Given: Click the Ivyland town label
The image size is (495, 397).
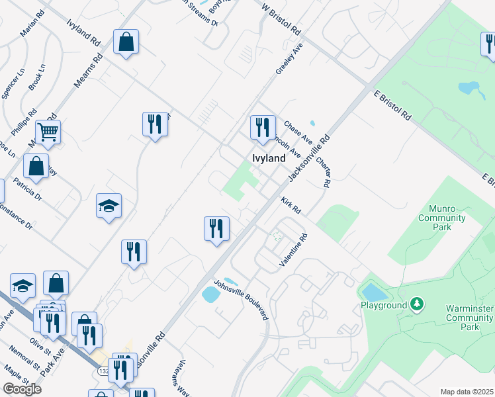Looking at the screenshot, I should [269, 158].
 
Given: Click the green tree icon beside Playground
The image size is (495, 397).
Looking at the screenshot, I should [417, 305].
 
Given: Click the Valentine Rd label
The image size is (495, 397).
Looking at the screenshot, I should [294, 250].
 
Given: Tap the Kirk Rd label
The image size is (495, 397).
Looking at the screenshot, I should [291, 205].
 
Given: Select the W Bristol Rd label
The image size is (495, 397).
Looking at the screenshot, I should [281, 19].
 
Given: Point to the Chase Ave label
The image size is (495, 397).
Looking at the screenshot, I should [298, 132].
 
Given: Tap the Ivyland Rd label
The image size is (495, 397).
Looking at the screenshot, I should [83, 32].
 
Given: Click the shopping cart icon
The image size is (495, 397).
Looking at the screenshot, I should [48, 132].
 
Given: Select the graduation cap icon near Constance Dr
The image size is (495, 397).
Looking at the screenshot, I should [109, 205].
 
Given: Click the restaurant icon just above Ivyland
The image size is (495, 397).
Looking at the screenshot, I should [263, 126].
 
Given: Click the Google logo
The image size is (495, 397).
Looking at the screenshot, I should [22, 388].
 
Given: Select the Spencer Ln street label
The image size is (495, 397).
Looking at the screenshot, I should [13, 83].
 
